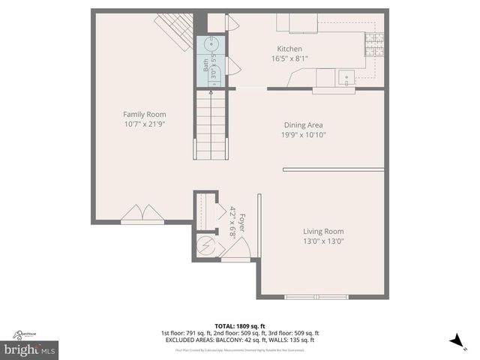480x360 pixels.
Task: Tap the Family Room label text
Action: coord(144,114)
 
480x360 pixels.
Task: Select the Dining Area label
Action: coord(304,124)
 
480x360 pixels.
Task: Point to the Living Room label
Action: coord(323,232)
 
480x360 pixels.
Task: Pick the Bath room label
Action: coord(205,65)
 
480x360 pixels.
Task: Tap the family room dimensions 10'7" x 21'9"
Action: coord(144,124)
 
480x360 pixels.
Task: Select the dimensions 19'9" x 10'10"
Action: coord(304,135)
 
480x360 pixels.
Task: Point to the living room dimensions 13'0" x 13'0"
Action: coord(323,241)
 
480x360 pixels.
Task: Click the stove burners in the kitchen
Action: coord(373,44)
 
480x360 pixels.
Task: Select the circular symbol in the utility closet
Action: coord(205,244)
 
